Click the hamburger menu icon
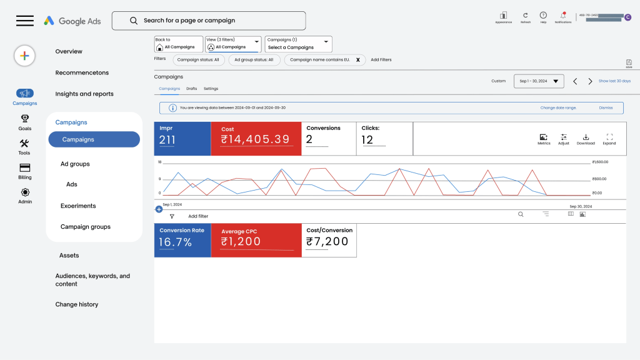[x=25, y=21]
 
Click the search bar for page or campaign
[x=209, y=21]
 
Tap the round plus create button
[x=24, y=56]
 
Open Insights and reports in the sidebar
[x=84, y=94]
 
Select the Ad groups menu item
[x=75, y=164]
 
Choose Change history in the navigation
[x=76, y=304]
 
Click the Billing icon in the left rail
[x=25, y=168]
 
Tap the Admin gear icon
[x=25, y=192]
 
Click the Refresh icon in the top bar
[x=525, y=15]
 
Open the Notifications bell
[x=563, y=15]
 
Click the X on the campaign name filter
[x=358, y=60]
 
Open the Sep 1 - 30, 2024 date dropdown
[x=539, y=81]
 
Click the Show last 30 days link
[x=614, y=81]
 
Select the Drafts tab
[x=192, y=89]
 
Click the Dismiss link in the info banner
[x=606, y=107]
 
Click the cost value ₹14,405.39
[x=255, y=139]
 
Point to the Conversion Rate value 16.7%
[x=175, y=242]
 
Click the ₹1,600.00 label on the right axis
[x=599, y=162]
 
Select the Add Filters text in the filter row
[x=381, y=60]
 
